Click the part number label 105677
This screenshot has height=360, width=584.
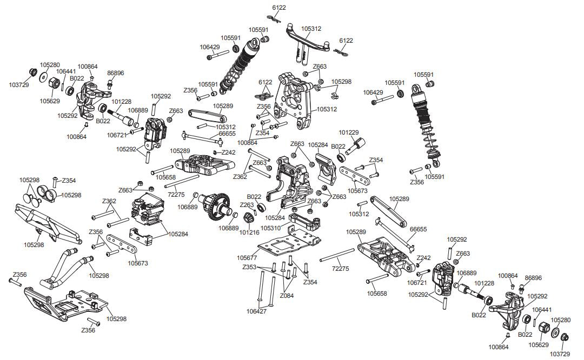pyautogui.click(x=247, y=257)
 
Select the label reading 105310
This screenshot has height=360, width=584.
pyautogui.click(x=271, y=228)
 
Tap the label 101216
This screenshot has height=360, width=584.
pyautogui.click(x=249, y=232)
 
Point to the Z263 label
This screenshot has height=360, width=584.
pyautogui.click(x=247, y=205)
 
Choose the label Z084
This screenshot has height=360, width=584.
pyautogui.click(x=287, y=296)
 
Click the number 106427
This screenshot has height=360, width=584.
pyautogui.click(x=257, y=311)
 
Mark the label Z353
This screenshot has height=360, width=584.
pyautogui.click(x=250, y=268)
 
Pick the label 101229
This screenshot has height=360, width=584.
pyautogui.click(x=349, y=132)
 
